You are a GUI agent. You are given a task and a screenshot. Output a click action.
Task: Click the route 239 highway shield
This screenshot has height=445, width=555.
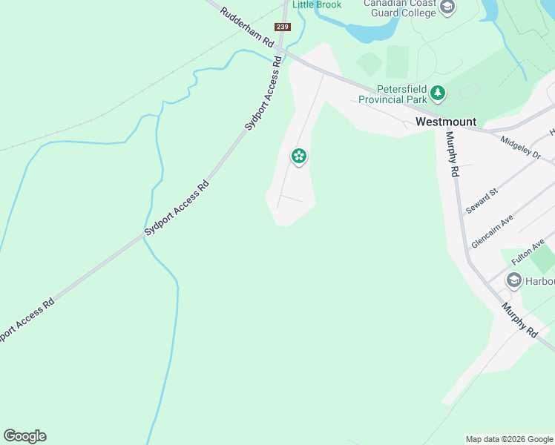point(282,27)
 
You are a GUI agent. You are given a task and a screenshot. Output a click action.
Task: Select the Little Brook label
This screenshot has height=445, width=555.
point(317,5)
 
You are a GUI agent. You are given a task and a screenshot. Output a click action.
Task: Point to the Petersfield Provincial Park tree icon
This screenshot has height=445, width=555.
point(439,93)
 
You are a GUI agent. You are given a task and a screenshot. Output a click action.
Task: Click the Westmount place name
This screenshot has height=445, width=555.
point(446,122)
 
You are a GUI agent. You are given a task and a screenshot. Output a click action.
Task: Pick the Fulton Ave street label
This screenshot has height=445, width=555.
point(528,251)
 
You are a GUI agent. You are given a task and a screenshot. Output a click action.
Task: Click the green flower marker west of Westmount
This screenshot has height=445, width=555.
point(299,156)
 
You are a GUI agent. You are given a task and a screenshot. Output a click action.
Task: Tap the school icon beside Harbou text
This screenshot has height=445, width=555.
point(513,281)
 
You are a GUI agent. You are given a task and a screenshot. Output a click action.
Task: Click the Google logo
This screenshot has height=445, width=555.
point(24,436)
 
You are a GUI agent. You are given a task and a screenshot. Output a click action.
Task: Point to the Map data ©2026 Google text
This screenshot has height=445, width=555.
point(509,439)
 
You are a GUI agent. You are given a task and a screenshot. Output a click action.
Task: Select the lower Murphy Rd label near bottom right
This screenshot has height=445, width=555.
point(519,320)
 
